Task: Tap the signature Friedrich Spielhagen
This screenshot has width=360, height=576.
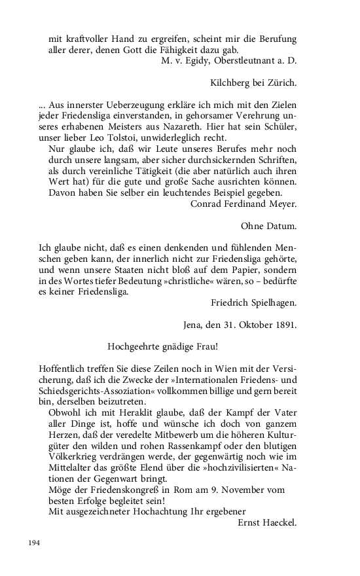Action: click(x=254, y=303)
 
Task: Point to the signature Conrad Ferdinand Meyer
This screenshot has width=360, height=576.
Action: click(x=243, y=204)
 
